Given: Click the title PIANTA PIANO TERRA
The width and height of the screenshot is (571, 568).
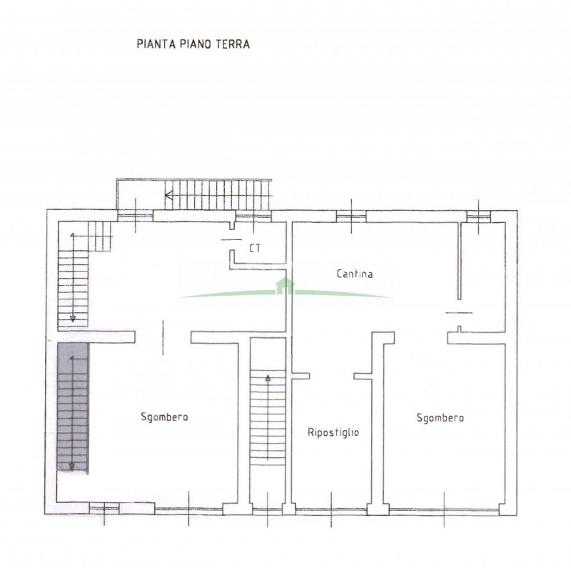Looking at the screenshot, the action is pyautogui.click(x=193, y=44).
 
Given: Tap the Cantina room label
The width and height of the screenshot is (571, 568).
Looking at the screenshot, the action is pyautogui.click(x=354, y=274).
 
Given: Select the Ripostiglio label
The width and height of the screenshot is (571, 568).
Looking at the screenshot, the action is pyautogui.click(x=333, y=432).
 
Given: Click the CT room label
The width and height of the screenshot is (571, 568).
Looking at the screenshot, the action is pyautogui.click(x=255, y=248).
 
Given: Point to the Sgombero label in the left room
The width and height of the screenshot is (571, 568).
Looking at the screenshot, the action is pyautogui.click(x=164, y=417).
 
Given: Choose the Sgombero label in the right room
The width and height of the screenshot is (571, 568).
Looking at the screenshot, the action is pyautogui.click(x=440, y=418).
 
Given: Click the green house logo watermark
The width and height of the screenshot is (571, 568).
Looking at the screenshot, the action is pyautogui.click(x=285, y=287).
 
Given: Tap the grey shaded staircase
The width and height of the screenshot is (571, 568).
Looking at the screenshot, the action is pyautogui.click(x=73, y=407).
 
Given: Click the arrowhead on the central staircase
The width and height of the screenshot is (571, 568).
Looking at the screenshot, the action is pyautogui.click(x=268, y=378).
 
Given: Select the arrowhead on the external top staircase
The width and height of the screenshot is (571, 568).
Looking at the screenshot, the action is pyautogui.click(x=168, y=196).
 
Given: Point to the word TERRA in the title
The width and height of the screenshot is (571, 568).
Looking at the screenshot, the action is pyautogui.click(x=233, y=44).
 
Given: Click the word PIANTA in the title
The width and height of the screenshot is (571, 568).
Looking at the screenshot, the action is pyautogui.click(x=152, y=44).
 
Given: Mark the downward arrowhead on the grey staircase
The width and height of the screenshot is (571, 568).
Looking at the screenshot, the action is pyautogui.click(x=72, y=466).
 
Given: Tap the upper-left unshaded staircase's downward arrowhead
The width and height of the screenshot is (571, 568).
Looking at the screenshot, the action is pyautogui.click(x=73, y=319).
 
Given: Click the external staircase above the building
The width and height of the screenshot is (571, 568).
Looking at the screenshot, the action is pyautogui.click(x=218, y=195).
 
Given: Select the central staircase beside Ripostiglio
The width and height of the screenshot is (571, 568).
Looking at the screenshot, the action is pyautogui.click(x=268, y=417).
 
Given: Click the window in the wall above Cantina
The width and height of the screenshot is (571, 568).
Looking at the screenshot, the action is pyautogui.click(x=351, y=216).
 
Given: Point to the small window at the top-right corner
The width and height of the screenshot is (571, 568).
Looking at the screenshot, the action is pyautogui.click(x=478, y=216).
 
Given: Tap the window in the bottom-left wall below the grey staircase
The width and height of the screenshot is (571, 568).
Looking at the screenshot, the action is pyautogui.click(x=104, y=508).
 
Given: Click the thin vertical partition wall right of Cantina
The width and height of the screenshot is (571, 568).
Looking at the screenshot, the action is pyautogui.click(x=460, y=261).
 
